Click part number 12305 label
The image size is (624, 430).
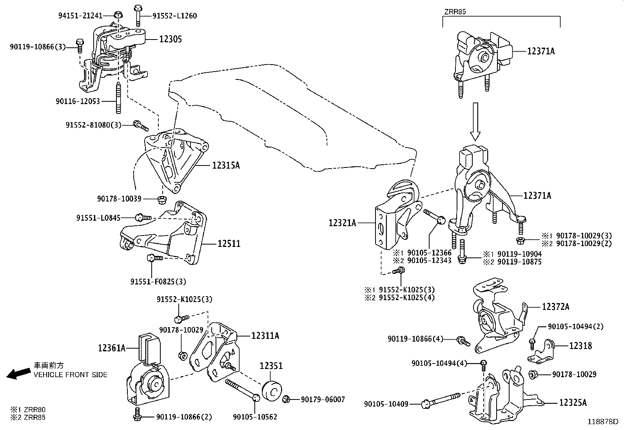point(170,39)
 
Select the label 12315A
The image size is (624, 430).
point(226,166)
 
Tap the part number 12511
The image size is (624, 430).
point(229,244)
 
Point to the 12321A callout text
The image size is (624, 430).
point(343,223)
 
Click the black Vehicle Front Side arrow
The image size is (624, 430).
point(18,374)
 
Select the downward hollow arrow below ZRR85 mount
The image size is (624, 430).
point(475,121)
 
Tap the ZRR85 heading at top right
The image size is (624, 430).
point(455,12)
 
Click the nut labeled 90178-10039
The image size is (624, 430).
point(161,200)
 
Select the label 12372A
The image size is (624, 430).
point(556,307)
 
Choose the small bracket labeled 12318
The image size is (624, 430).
point(541,351)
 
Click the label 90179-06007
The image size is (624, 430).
point(323,399)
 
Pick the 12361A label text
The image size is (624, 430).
point(112,347)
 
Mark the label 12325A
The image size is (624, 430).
point(573,403)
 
